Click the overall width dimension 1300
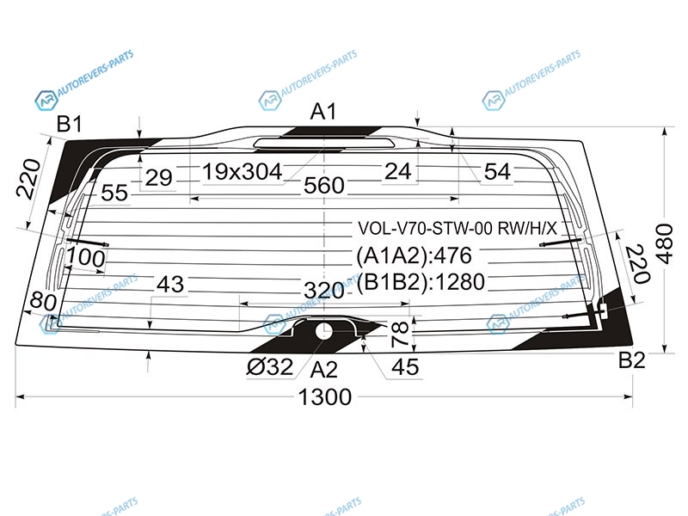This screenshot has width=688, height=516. pos(325,397)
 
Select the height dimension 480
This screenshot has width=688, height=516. pos(665,243)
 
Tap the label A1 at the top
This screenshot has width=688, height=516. pos(323,112)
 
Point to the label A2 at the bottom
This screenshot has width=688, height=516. pos(324,370)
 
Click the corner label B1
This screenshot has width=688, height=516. pos(70,124)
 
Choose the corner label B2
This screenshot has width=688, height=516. pos(632,360)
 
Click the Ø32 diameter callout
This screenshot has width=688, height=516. pos(269,367)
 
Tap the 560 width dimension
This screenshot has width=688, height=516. pos(324,186)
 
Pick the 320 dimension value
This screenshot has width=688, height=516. pos(324,291)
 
